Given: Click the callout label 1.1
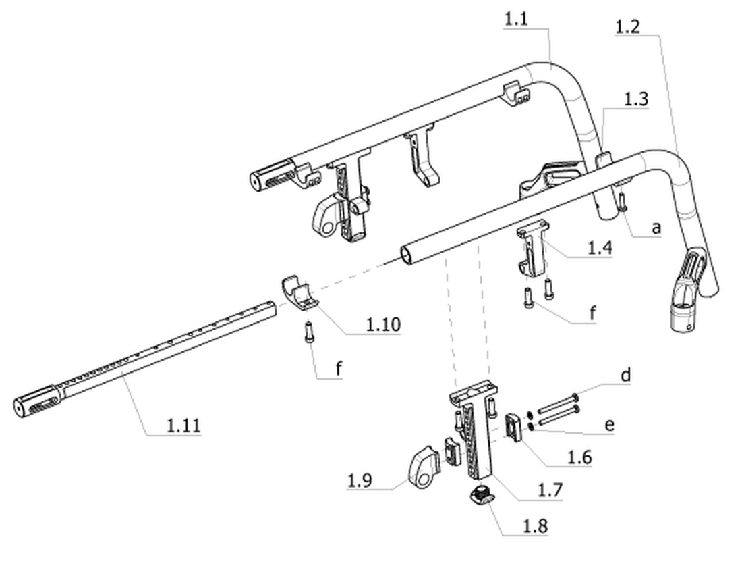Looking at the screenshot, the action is (x=515, y=20).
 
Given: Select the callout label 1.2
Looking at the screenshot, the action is (x=627, y=26).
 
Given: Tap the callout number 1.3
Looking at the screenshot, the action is (x=636, y=99).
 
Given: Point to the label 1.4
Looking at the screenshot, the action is (x=600, y=247).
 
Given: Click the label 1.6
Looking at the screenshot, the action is (x=579, y=457).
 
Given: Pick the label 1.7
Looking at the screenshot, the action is (x=550, y=490).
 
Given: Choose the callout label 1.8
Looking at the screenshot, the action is (x=535, y=525).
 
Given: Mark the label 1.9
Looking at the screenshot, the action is (x=360, y=481).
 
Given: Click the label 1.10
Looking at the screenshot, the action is (x=383, y=324).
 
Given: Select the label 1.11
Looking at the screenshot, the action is (x=183, y=426).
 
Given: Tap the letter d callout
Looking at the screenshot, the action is (x=625, y=375).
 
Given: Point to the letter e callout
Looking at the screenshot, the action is (x=610, y=424).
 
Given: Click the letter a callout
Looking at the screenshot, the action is (x=656, y=228).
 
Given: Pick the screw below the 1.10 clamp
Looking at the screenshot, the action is (x=309, y=331).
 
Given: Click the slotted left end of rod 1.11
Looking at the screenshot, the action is (x=36, y=403).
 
